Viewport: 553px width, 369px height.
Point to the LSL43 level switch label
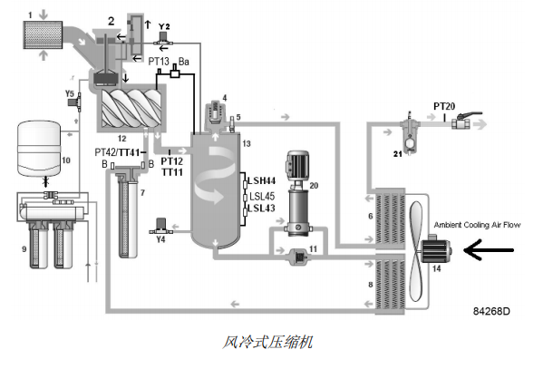pyautogui.click(x=261, y=209)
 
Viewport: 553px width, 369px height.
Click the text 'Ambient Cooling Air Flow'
pyautogui.click(x=480, y=226)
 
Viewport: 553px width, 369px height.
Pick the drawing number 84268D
pyautogui.click(x=490, y=311)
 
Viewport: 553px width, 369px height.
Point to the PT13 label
pyautogui.click(x=160, y=62)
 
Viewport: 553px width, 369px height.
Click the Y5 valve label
pyautogui.click(x=70, y=93)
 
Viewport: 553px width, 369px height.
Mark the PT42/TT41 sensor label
pyautogui.click(x=119, y=152)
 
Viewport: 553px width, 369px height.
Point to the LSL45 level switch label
pyautogui.click(x=261, y=196)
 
